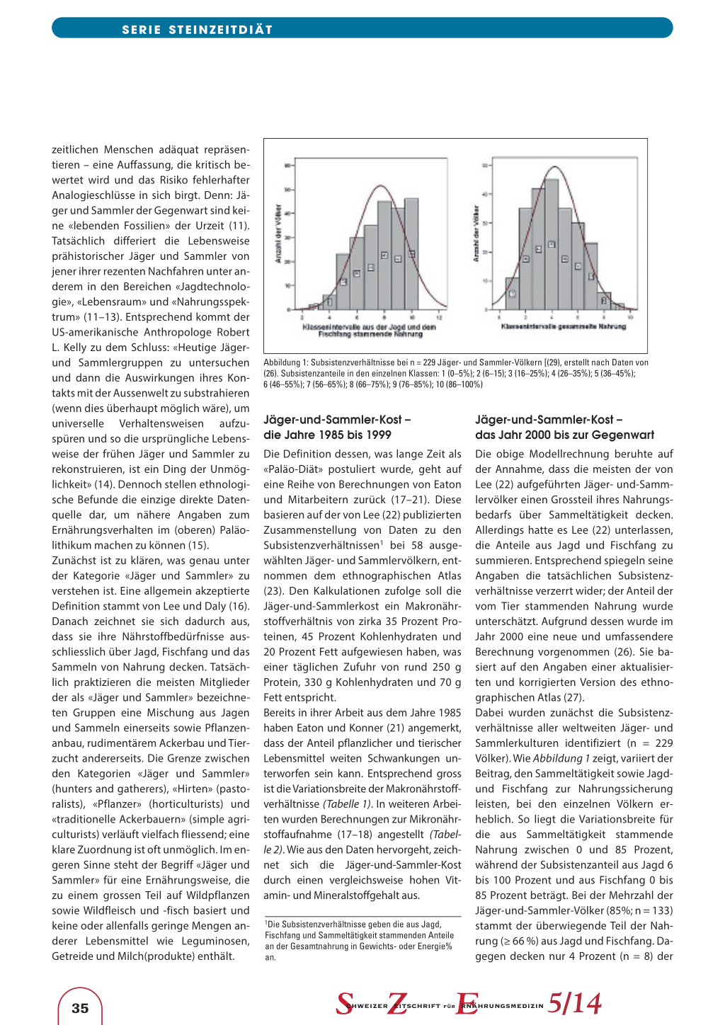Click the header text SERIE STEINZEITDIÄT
click(197, 30)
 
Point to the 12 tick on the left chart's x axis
click(439, 317)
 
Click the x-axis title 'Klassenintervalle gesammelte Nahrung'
click(564, 326)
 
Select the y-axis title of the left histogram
click(278, 234)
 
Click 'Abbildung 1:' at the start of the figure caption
click(286, 362)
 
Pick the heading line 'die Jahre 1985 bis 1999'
click(327, 435)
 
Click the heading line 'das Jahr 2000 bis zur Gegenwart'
click(564, 435)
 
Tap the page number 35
click(80, 1008)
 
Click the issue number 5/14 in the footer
click(574, 1003)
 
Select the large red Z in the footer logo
click(398, 1004)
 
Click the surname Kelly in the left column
click(74, 348)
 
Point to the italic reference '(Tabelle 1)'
click(347, 803)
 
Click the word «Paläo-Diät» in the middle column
click(291, 469)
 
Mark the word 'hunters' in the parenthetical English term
click(73, 789)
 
